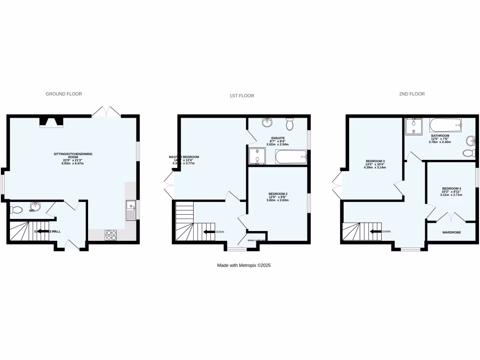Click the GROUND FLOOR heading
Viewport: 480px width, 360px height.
[x=64, y=94]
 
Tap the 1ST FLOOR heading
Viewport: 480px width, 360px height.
[x=241, y=96]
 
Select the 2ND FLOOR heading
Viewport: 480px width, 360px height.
[x=412, y=94]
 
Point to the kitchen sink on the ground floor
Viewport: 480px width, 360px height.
[x=130, y=210]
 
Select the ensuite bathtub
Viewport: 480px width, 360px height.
[x=291, y=157]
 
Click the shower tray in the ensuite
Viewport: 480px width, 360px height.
[x=256, y=157]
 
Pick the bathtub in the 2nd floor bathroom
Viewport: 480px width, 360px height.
[x=446, y=125]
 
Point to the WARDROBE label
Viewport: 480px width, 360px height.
[x=452, y=232]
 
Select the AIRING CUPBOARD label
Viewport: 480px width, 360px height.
[x=257, y=240]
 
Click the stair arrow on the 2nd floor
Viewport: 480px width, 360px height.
[x=375, y=232]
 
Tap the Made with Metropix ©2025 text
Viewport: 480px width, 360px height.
[x=244, y=265]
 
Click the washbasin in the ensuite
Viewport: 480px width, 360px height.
[x=268, y=123]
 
